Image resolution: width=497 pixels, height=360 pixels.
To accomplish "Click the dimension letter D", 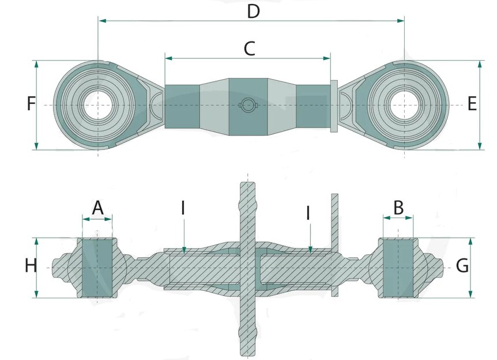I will [x=253, y=11].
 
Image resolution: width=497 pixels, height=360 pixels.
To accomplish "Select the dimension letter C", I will [x=249, y=48].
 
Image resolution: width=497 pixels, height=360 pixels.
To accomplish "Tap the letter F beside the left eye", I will [x=31, y=104].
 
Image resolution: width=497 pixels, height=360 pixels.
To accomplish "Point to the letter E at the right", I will [x=472, y=104].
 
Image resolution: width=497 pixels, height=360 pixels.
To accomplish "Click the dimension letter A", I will [x=97, y=207].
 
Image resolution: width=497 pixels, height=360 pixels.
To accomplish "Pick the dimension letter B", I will [x=398, y=207].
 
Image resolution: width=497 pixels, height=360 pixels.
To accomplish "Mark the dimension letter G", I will [x=462, y=266].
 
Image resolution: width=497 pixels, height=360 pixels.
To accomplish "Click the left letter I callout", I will [x=183, y=208].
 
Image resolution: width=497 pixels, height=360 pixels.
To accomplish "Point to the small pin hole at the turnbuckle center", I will [x=247, y=104].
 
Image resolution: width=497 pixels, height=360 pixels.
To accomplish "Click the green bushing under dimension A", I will [x=97, y=268].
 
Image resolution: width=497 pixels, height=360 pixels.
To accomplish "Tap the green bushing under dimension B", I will [x=398, y=268].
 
